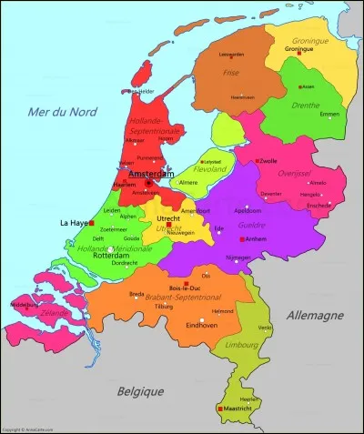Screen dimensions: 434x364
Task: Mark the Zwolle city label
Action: coord(268,161)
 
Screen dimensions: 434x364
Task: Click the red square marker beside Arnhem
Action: coord(241,239)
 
